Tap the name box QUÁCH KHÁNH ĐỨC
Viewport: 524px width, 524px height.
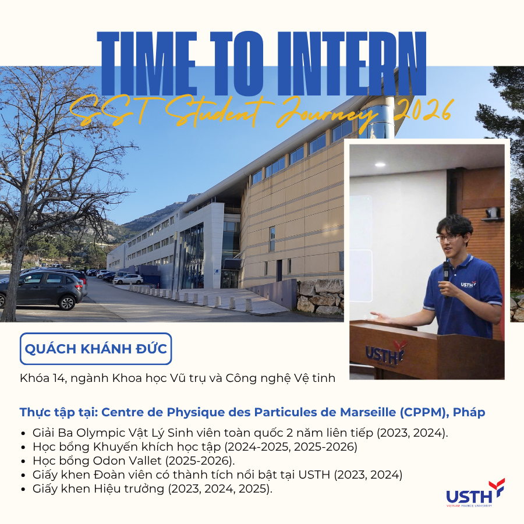pyautogui.click(x=96, y=349)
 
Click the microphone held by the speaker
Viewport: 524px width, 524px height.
pyautogui.click(x=446, y=277)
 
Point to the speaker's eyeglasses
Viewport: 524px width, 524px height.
pyautogui.click(x=448, y=238)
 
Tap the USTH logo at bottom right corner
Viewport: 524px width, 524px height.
pyautogui.click(x=475, y=493)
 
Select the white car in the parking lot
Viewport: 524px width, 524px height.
pyautogui.click(x=128, y=279)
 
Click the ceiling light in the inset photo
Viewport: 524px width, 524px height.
pyautogui.click(x=380, y=164)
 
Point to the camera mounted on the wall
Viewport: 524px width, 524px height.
pyautogui.click(x=493, y=214)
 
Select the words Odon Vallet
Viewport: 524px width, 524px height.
pyautogui.click(x=127, y=461)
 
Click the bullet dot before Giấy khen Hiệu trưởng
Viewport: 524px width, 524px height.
pyautogui.click(x=23, y=489)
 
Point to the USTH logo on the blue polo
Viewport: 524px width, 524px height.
pyautogui.click(x=468, y=284)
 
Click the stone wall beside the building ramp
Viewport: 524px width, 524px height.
pyautogui.click(x=320, y=296)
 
